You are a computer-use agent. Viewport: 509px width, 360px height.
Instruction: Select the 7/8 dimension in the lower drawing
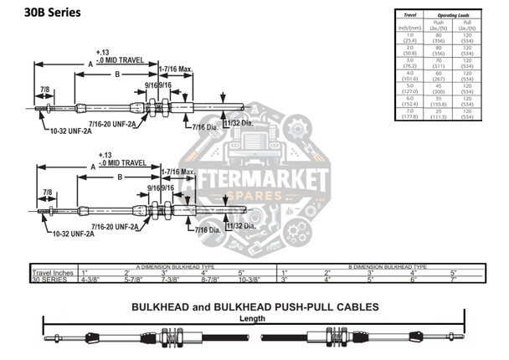click(47, 193)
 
